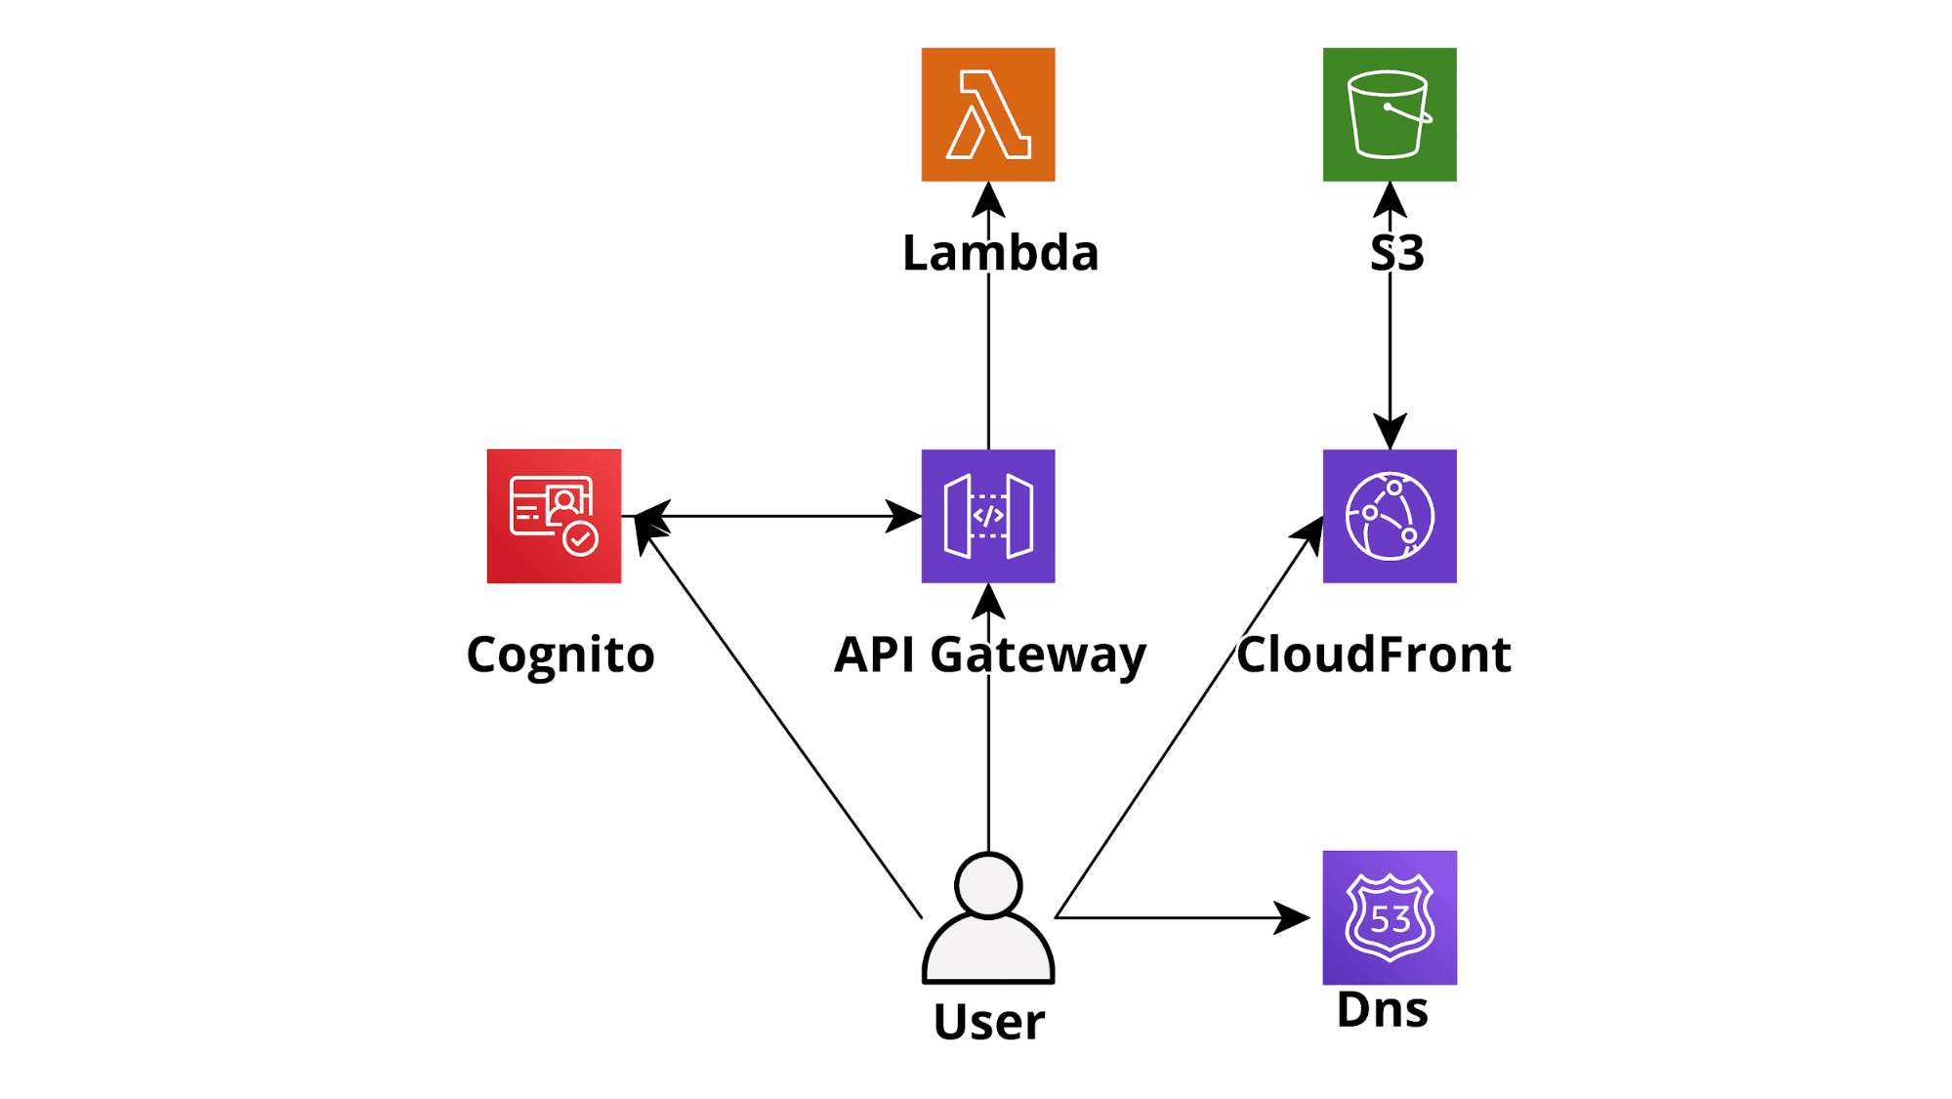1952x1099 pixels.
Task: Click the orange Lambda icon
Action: click(x=988, y=114)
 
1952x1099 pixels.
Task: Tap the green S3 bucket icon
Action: click(x=1390, y=114)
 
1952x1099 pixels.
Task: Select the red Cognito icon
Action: click(x=554, y=516)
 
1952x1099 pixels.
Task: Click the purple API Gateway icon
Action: click(x=988, y=516)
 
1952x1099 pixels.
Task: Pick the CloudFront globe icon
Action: click(x=1390, y=516)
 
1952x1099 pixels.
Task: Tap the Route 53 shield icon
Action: click(x=1390, y=917)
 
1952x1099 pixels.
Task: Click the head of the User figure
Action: click(x=988, y=885)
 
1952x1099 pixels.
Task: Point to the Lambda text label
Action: click(x=1001, y=253)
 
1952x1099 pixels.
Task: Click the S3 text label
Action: click(x=1397, y=253)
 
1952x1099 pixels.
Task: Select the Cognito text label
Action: click(x=561, y=655)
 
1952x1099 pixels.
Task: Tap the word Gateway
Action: click(x=1038, y=655)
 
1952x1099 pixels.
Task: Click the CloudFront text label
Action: click(x=1374, y=655)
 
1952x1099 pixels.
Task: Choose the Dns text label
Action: click(x=1383, y=1009)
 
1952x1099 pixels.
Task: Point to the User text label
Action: click(x=989, y=1022)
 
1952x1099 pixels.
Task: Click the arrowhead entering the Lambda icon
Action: click(x=988, y=199)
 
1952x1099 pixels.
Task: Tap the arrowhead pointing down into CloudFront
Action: click(x=1390, y=431)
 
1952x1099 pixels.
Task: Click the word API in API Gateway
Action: click(x=875, y=655)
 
